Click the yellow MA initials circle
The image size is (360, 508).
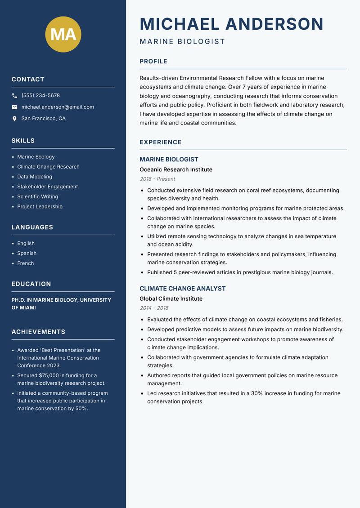tap(63, 34)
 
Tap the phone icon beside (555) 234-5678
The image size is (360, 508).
tap(14, 96)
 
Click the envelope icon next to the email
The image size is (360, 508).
tap(14, 107)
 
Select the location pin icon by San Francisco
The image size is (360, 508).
tap(14, 119)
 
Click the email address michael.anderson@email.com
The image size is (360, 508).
tap(58, 107)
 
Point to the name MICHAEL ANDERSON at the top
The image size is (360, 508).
tap(231, 24)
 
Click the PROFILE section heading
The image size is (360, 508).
tap(153, 62)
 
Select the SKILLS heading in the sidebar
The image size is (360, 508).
tap(23, 141)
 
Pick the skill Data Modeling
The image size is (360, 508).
tap(35, 177)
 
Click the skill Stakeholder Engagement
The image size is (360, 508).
tap(47, 187)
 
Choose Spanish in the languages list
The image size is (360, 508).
tap(27, 254)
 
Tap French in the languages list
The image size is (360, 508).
tap(26, 263)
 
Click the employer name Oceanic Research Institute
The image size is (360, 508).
tap(176, 169)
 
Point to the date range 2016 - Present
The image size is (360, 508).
tap(157, 179)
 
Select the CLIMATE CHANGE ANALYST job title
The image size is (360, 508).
tap(182, 289)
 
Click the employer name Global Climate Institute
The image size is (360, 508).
tap(171, 299)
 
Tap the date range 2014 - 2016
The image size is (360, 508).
tap(154, 308)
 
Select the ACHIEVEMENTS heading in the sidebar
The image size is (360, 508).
tap(38, 332)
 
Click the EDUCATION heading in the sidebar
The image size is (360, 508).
tap(31, 284)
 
